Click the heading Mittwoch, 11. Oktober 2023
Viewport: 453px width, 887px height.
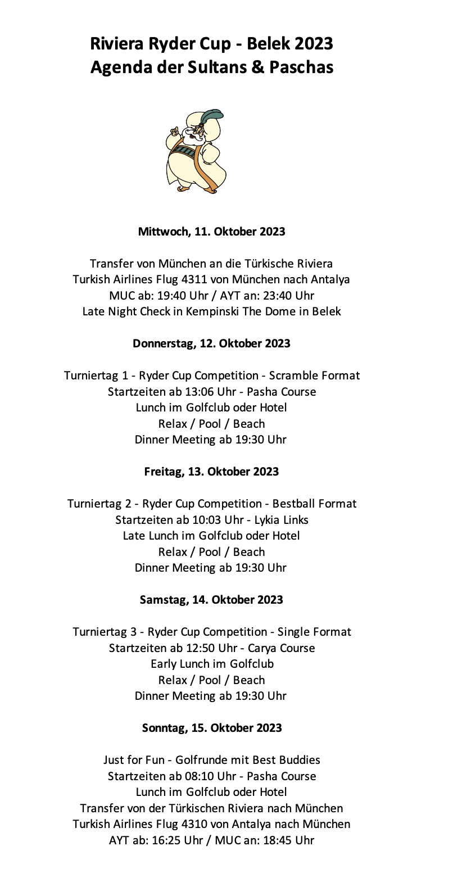point(211,232)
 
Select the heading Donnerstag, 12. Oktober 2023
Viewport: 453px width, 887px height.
point(211,343)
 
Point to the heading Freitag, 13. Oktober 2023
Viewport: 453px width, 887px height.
point(211,472)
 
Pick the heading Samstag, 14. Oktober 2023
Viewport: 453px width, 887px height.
point(211,600)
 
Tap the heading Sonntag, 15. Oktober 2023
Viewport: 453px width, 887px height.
point(211,728)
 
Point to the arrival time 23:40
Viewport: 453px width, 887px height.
point(286,296)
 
